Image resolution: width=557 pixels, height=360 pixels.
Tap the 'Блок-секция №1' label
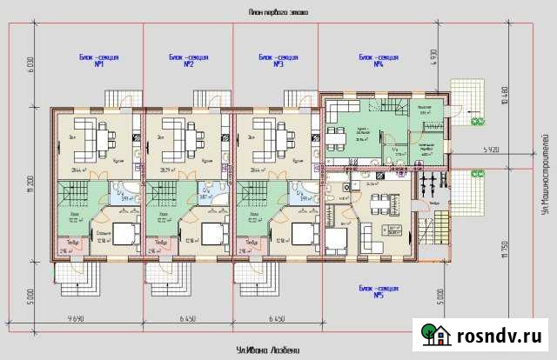click(98, 61)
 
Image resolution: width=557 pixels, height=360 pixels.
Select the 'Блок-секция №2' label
click(188, 61)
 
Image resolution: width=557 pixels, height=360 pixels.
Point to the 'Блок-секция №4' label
click(378, 61)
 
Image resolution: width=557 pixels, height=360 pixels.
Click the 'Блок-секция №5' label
click(378, 290)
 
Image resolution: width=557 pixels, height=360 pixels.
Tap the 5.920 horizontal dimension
click(493, 150)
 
